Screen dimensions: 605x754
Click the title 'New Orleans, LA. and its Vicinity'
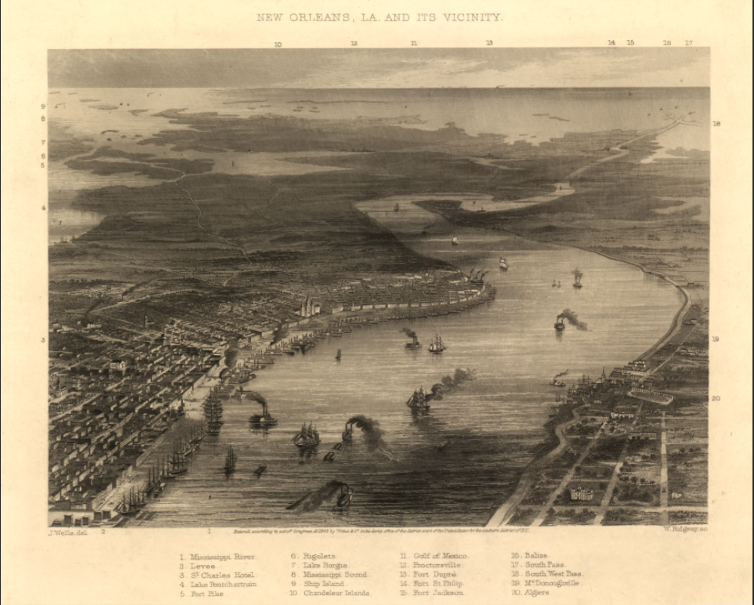click(x=379, y=16)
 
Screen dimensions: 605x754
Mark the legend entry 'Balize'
click(x=534, y=555)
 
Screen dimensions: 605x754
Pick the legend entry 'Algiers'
click(x=536, y=593)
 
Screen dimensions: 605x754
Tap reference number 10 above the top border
click(x=278, y=44)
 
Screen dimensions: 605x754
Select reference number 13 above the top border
click(x=489, y=43)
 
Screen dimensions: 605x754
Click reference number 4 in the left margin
click(x=43, y=208)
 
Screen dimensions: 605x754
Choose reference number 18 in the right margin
click(x=716, y=123)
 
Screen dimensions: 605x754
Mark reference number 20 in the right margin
click(x=715, y=398)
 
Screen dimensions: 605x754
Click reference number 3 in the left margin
click(x=43, y=340)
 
